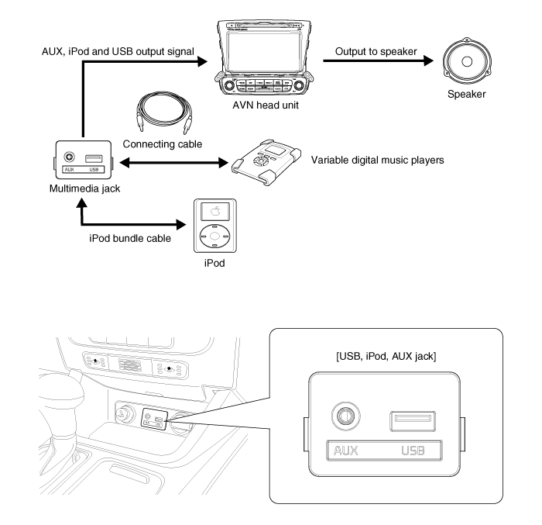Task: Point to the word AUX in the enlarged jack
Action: tap(346, 451)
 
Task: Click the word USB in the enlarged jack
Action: tap(417, 451)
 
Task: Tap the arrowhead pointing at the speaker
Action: tap(425, 64)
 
